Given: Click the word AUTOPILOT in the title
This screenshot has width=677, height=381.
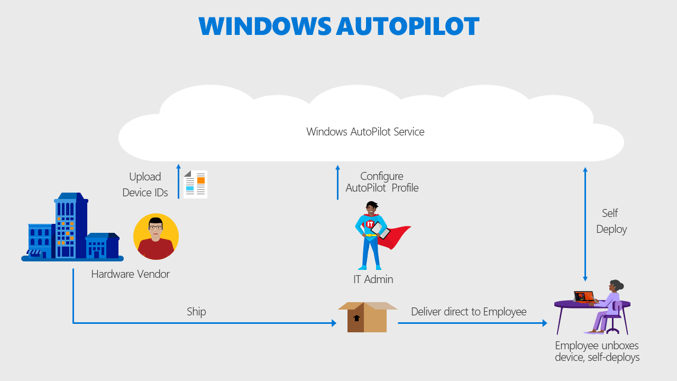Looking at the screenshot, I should [x=407, y=26].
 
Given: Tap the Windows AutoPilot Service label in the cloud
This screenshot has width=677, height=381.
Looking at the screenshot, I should [x=365, y=132].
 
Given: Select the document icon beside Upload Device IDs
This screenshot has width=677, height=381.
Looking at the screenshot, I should [x=195, y=184].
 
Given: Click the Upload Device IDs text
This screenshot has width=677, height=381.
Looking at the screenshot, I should [x=145, y=185].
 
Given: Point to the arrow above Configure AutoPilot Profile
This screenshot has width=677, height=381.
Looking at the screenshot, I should [x=337, y=182].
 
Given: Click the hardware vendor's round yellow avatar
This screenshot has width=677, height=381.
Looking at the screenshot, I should [x=156, y=237].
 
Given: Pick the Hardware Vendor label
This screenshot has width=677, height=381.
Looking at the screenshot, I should [x=130, y=274].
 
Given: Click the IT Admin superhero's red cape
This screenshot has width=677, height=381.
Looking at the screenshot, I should [x=398, y=237].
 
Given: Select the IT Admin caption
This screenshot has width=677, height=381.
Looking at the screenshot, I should [x=373, y=279].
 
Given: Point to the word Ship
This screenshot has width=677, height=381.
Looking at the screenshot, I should [x=196, y=312].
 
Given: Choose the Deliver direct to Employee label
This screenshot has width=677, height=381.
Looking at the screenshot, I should [x=469, y=312].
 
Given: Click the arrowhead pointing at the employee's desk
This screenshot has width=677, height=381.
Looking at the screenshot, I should [x=544, y=323].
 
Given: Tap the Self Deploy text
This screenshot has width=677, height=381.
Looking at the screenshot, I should [x=611, y=221].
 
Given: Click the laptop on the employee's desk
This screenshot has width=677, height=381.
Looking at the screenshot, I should [x=584, y=297].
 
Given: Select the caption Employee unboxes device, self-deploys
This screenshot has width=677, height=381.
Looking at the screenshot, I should [x=597, y=351].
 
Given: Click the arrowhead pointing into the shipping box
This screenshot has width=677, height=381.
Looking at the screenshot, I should [x=334, y=323].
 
